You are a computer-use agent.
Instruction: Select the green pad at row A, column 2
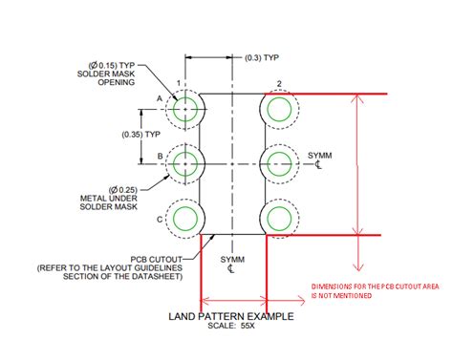point(278,111)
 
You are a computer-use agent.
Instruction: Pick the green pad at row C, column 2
point(278,215)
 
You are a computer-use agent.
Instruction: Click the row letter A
point(157,98)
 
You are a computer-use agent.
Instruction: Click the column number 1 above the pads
point(178,84)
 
